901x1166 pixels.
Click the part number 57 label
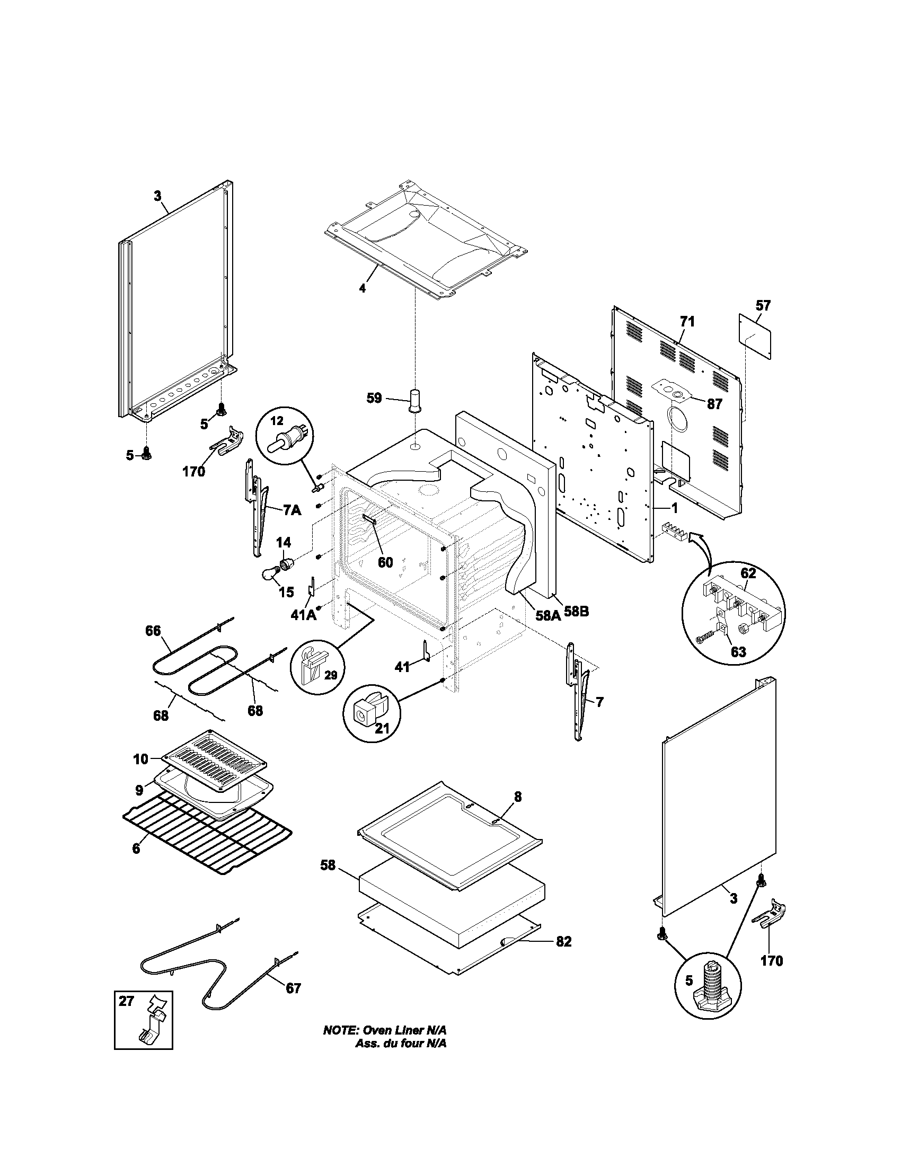[763, 305]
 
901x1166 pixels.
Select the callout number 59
[374, 397]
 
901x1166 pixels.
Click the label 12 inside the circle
[277, 421]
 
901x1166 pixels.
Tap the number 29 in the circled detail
[331, 675]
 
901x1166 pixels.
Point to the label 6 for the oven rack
[136, 848]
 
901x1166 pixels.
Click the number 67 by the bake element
[293, 988]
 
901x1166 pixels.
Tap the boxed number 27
[126, 1001]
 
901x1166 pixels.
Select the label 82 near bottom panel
[564, 942]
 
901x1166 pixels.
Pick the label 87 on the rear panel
[714, 404]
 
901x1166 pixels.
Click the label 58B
[576, 612]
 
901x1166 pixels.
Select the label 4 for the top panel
[363, 288]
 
